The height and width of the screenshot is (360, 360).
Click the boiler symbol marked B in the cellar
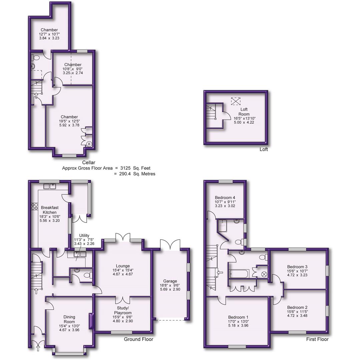[89, 144]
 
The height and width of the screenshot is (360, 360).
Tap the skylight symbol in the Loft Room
[236, 100]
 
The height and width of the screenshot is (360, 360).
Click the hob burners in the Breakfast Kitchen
[34, 206]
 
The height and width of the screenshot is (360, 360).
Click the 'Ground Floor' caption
[138, 339]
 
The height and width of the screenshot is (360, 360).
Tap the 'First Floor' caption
[317, 339]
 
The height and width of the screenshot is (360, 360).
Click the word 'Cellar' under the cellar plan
[88, 163]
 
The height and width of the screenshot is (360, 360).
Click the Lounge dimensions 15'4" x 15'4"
[123, 270]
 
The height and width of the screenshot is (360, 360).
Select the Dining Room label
[70, 319]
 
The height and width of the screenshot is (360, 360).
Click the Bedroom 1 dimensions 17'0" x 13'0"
[239, 321]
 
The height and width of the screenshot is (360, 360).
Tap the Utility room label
[82, 235]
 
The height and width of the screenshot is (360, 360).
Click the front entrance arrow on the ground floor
[37, 348]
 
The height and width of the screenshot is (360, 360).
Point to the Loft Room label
[244, 112]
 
